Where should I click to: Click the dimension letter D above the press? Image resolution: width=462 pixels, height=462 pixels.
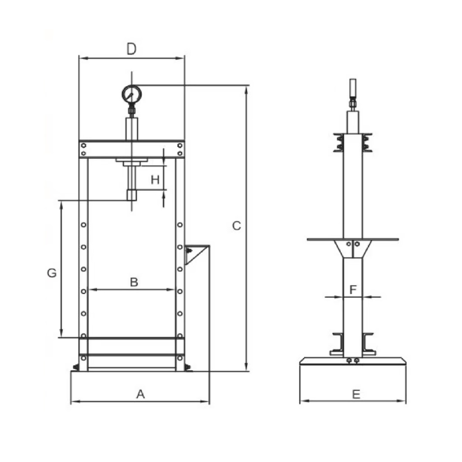coord(132,49)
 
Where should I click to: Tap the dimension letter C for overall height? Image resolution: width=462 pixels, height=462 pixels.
coord(236,226)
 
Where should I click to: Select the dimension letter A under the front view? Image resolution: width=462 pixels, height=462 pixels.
coord(141,394)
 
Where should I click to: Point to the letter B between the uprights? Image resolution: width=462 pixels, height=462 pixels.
coord(134,282)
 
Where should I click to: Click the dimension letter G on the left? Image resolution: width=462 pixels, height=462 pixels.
coord(52,273)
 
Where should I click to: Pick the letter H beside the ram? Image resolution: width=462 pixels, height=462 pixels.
coord(155,180)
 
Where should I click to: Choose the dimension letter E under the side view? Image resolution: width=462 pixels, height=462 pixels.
coord(356,394)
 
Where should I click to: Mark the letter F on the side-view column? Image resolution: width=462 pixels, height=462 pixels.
coord(353,290)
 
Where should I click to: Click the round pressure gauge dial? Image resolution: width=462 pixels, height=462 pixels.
coord(132,94)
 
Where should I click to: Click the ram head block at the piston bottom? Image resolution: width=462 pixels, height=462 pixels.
coord(132,195)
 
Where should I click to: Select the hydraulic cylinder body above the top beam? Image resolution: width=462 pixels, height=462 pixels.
coord(132,129)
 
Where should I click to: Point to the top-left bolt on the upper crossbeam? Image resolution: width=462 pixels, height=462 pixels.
coord(83,146)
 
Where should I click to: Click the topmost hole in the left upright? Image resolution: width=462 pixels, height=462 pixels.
coord(83,225)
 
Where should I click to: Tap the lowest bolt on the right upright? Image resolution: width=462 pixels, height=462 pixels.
coord(180,358)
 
